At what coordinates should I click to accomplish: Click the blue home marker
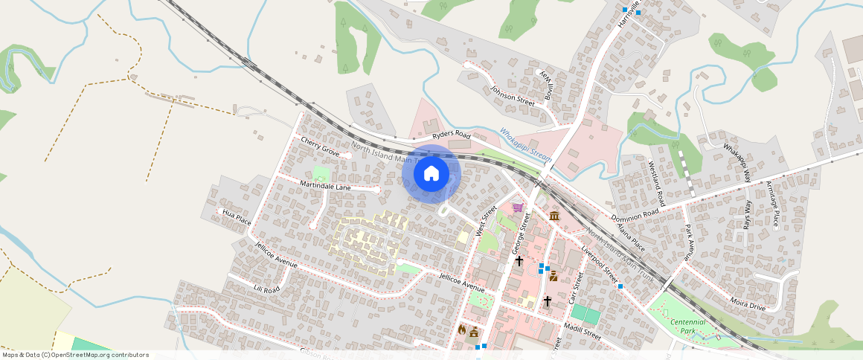(x=431, y=174)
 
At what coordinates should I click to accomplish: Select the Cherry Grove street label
(x=320, y=147)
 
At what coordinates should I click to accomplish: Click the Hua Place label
(x=237, y=217)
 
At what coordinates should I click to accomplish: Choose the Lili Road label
(x=266, y=289)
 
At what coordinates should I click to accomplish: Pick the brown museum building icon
(x=554, y=216)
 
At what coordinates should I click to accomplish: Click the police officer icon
(x=554, y=277)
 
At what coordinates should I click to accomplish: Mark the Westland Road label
(x=656, y=183)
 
